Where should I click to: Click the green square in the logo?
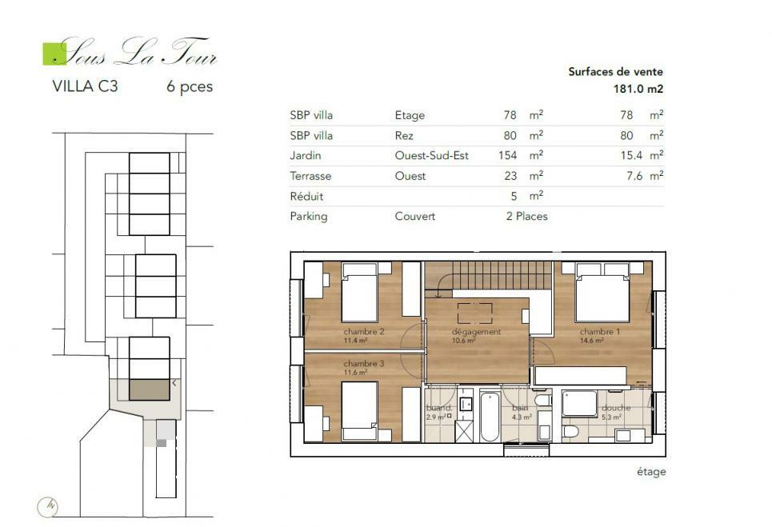click(54, 52)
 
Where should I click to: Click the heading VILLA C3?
click(84, 87)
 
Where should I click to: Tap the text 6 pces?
click(190, 87)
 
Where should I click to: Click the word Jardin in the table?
click(306, 156)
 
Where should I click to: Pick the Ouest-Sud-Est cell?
click(431, 156)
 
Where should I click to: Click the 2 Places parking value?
click(526, 217)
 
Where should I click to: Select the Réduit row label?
click(308, 197)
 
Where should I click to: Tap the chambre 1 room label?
click(599, 331)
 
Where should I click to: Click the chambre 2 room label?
click(363, 331)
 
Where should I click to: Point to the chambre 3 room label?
click(363, 364)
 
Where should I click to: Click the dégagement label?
click(476, 331)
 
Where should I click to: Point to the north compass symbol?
click(47, 505)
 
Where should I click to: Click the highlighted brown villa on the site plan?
click(150, 389)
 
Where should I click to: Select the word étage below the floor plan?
click(650, 472)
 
